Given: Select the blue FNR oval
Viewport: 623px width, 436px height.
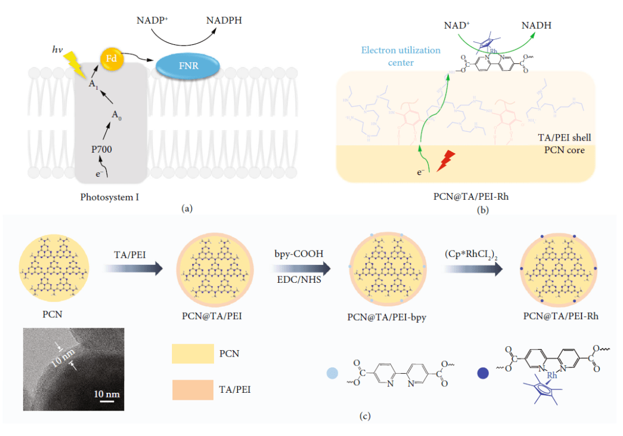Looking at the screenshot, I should tap(188, 66).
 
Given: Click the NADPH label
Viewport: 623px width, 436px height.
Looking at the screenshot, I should tap(224, 21).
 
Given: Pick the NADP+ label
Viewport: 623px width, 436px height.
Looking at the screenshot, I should tap(153, 21).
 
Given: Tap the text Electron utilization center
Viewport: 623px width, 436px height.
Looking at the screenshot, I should tap(401, 56).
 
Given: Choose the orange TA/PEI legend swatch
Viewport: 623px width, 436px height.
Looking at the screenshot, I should tap(193, 390).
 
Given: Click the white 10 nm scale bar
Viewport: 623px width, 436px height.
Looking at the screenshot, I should tap(108, 401).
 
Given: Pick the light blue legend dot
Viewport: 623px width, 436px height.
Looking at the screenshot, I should tap(332, 373).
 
